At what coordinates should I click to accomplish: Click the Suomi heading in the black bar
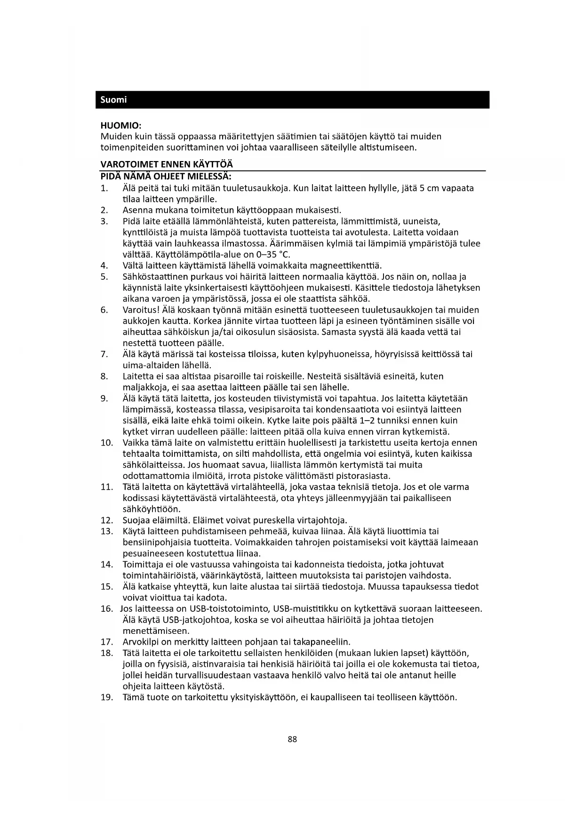[113, 100]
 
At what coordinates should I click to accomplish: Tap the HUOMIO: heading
[121, 126]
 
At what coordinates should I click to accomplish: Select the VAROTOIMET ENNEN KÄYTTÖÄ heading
[167, 164]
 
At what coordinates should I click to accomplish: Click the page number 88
[292, 739]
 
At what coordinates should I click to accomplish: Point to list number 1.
[104, 188]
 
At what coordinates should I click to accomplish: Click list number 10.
[107, 443]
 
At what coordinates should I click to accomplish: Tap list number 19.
[107, 697]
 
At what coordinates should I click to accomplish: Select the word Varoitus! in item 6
[141, 310]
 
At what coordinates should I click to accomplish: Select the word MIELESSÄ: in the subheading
[209, 177]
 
